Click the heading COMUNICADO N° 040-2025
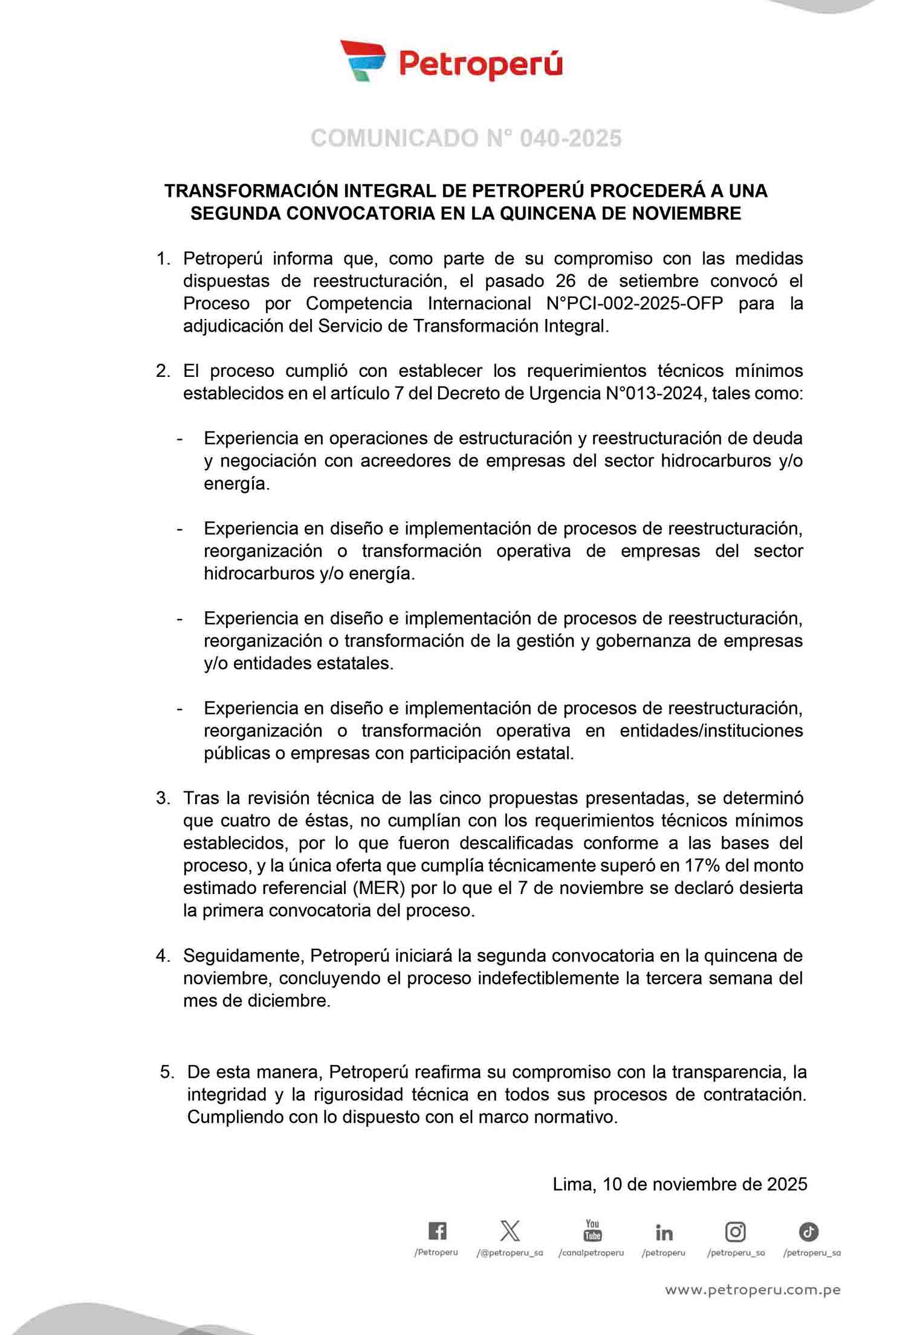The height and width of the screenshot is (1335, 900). [466, 138]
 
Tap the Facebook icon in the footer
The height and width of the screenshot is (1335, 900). [437, 1230]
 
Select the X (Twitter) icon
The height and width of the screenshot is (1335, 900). [510, 1230]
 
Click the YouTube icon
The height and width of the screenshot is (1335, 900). [592, 1229]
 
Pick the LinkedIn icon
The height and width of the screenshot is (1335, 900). [664, 1232]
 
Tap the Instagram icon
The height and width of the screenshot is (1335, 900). [735, 1231]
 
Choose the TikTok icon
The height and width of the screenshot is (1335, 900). [809, 1231]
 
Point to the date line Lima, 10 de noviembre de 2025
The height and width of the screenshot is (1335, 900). [680, 1184]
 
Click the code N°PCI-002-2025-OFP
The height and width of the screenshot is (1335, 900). [635, 303]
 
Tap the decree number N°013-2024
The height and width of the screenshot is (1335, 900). [655, 393]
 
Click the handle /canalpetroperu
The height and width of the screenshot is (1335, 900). [591, 1253]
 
